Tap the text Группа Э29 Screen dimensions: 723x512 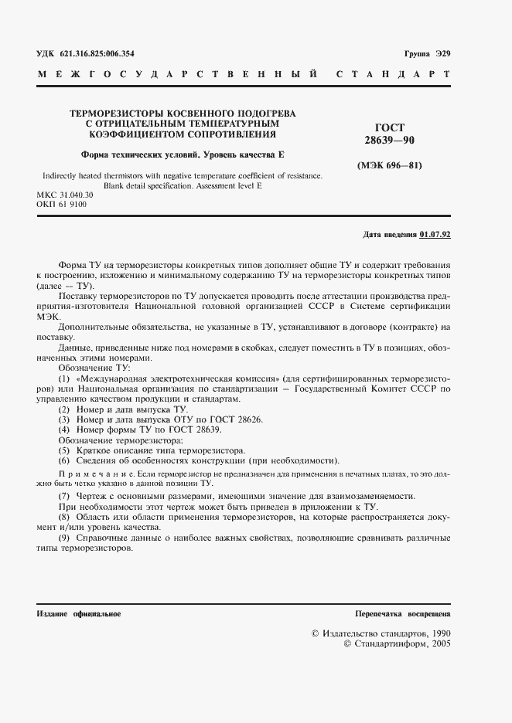pyautogui.click(x=427, y=54)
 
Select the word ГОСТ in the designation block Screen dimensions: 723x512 pyautogui.click(x=390, y=127)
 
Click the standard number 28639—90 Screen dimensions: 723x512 pyautogui.click(x=390, y=141)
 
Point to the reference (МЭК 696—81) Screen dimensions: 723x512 pyautogui.click(x=390, y=165)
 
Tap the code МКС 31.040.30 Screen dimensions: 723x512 pyautogui.click(x=65, y=195)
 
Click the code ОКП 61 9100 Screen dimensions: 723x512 pyautogui.click(x=62, y=205)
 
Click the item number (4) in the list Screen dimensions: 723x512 pyautogui.click(x=64, y=429)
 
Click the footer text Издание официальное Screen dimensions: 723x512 pyautogui.click(x=79, y=613)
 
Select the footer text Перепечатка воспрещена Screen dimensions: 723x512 pyautogui.click(x=402, y=613)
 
